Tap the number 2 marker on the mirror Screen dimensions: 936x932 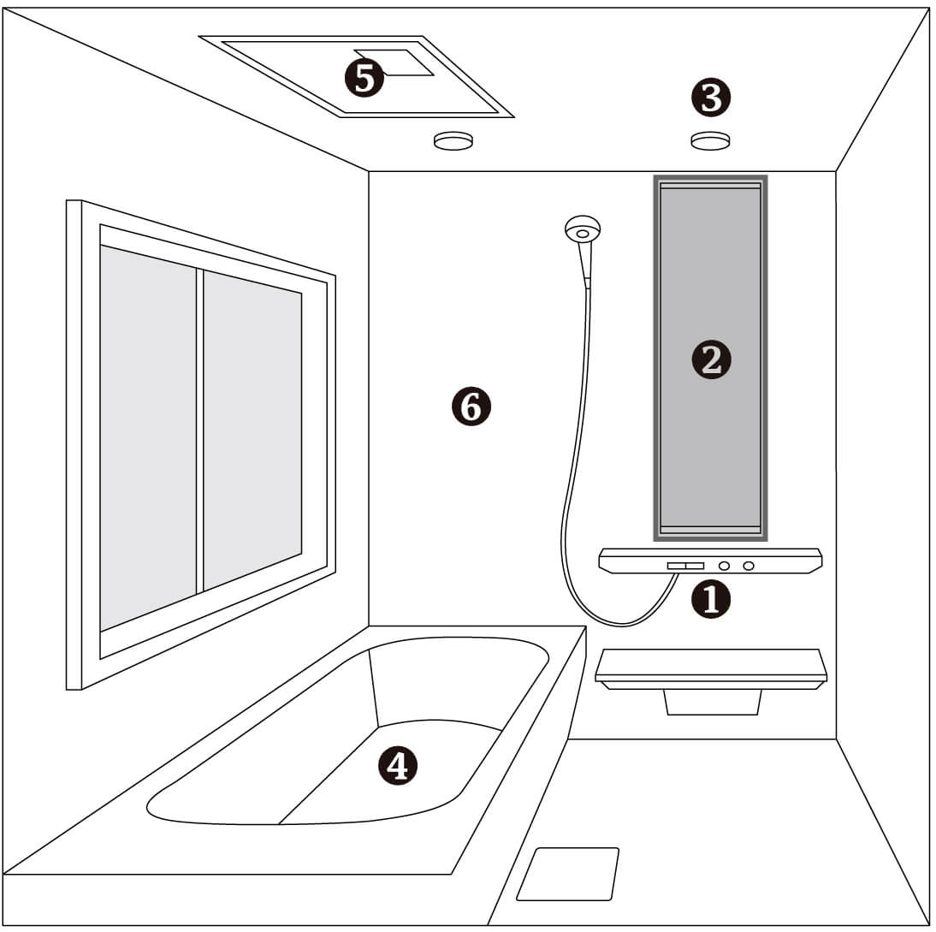click(x=711, y=360)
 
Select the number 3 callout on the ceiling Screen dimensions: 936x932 click(x=711, y=97)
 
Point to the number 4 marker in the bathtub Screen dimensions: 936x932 click(x=398, y=765)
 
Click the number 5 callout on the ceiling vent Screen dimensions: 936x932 click(x=364, y=78)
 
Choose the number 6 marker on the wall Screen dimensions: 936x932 click(x=471, y=407)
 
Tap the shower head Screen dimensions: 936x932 click(x=583, y=229)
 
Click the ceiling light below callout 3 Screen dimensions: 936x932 click(x=710, y=141)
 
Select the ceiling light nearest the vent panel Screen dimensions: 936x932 click(x=453, y=141)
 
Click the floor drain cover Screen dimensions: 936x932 click(x=568, y=874)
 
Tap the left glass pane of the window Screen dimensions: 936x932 click(x=148, y=437)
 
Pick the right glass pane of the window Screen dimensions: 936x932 click(x=252, y=430)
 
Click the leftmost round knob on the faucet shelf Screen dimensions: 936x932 click(x=724, y=566)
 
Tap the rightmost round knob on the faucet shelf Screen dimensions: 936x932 click(x=748, y=566)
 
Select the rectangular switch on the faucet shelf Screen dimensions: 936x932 click(x=685, y=566)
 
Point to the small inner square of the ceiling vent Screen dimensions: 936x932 click(x=394, y=62)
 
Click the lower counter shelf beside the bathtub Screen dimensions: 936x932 click(x=711, y=668)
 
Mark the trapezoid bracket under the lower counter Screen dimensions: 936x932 click(x=712, y=702)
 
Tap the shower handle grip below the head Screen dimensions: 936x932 click(x=585, y=262)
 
